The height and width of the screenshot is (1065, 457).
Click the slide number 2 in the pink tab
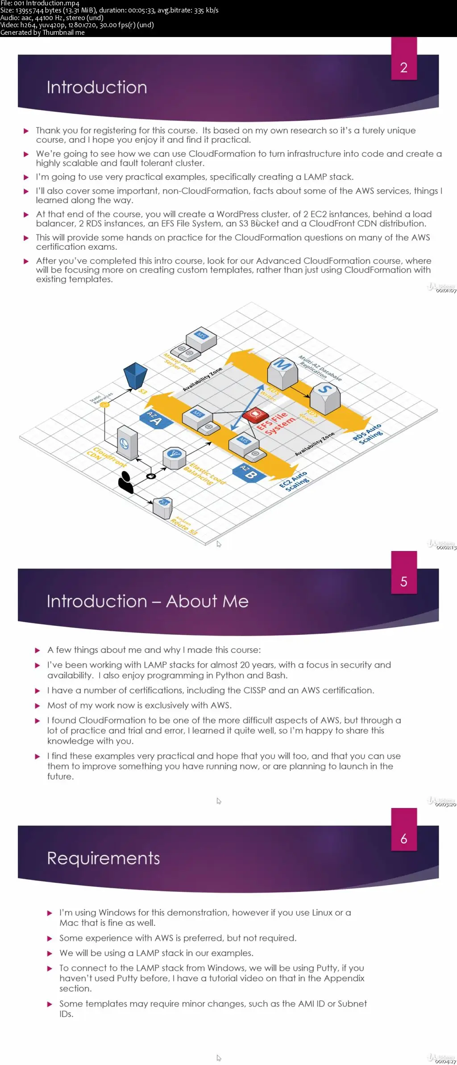coord(403,68)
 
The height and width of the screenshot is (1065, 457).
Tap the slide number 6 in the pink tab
coord(403,839)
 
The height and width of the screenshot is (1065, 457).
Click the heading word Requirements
coord(103,858)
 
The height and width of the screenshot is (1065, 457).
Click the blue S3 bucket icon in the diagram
coord(135,375)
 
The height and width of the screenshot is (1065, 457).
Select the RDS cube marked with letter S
coord(325,395)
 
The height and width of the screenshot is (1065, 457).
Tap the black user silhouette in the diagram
coord(126,482)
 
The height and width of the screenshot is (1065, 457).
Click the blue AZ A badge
coord(154,419)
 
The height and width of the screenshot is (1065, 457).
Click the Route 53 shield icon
coord(163,507)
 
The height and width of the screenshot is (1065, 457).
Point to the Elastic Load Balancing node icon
coord(174,457)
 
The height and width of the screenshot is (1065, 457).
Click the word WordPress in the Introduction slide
coord(237,214)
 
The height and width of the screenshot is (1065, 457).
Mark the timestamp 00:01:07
coord(446,291)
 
